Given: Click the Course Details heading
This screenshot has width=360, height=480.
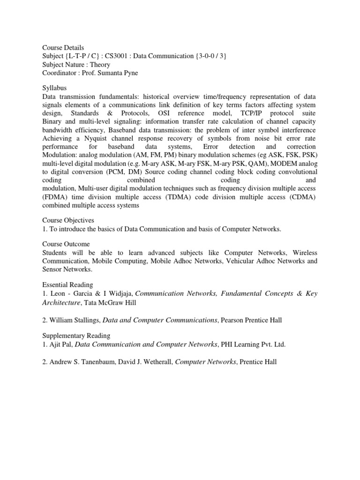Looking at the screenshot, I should point(63,48).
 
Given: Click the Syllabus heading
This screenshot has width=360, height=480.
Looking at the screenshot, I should point(54,88).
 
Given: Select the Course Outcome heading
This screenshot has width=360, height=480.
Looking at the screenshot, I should point(66,244).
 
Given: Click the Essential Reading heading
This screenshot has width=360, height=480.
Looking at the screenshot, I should point(67,285).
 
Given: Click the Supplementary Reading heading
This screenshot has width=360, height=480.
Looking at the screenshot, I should point(76,336).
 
